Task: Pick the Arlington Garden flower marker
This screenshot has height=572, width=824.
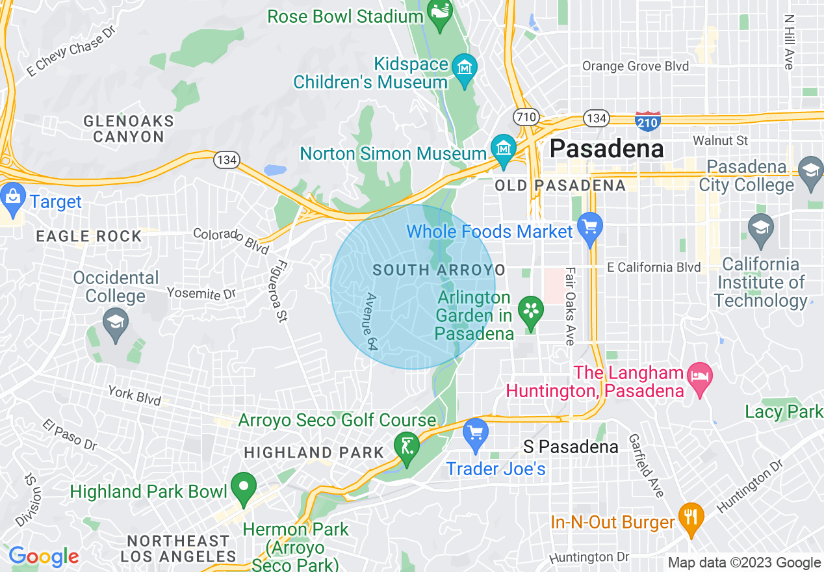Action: [530, 312]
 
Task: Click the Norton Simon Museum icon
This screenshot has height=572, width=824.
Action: [503, 149]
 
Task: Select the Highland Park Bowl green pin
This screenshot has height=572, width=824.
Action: [244, 489]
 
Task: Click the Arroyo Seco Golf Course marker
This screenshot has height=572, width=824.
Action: [407, 448]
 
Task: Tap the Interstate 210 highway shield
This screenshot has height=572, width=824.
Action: [648, 120]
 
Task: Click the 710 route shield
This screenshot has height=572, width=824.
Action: [525, 118]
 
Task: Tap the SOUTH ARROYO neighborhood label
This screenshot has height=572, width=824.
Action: [439, 270]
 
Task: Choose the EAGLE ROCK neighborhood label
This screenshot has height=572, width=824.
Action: [89, 236]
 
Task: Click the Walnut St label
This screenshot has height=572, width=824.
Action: [720, 140]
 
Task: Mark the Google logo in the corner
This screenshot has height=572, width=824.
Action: [43, 556]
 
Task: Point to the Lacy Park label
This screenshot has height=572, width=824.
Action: [784, 411]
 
